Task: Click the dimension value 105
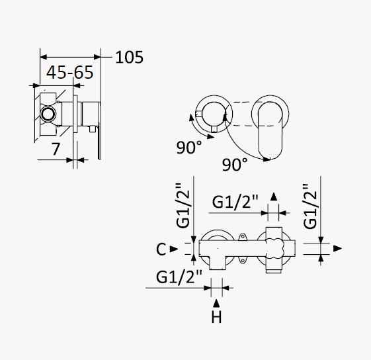pyautogui.click(x=129, y=58)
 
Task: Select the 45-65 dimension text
pyautogui.click(x=70, y=72)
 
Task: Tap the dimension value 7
pyautogui.click(x=56, y=149)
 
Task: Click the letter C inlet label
pyautogui.click(x=161, y=249)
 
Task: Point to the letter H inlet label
pyautogui.click(x=216, y=318)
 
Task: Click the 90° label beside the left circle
pyautogui.click(x=189, y=148)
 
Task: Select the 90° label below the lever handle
pyautogui.click(x=235, y=164)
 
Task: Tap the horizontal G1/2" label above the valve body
pyautogui.click(x=235, y=202)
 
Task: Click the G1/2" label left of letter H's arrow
pyautogui.click(x=179, y=277)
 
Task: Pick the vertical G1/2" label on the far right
pyautogui.click(x=310, y=206)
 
